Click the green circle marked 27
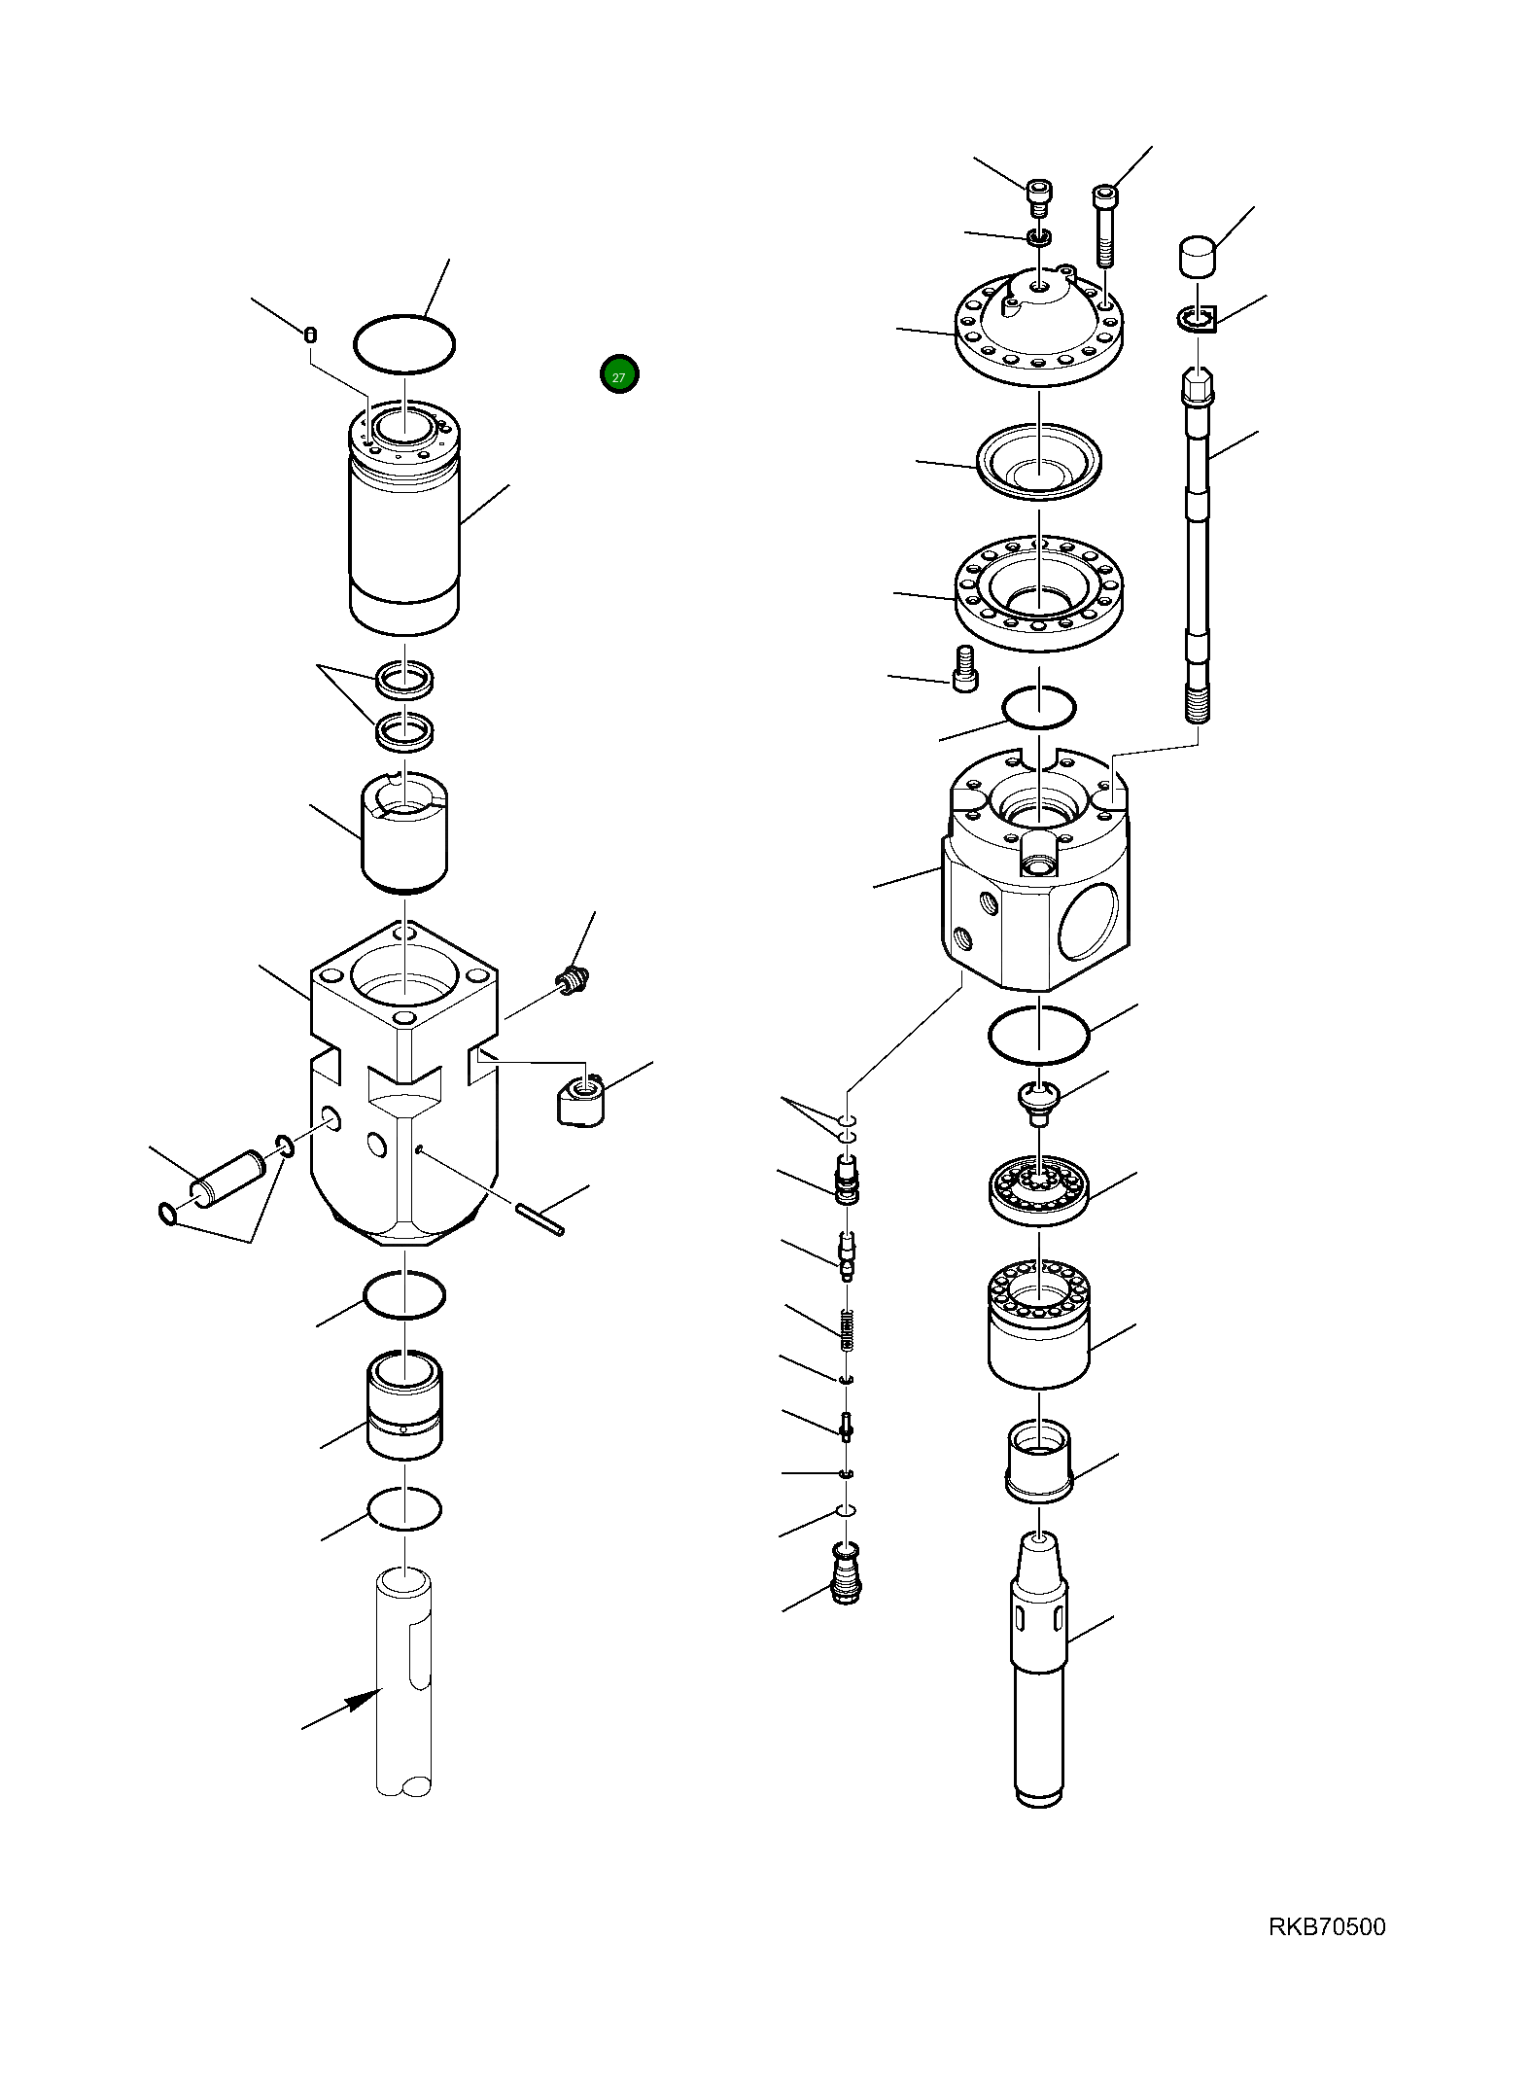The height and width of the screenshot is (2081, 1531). pyautogui.click(x=619, y=374)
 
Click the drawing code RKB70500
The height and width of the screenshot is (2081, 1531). pyautogui.click(x=1326, y=1926)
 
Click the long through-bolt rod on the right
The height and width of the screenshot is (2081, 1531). pyautogui.click(x=1198, y=545)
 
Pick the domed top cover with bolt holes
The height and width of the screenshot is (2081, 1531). pyautogui.click(x=1038, y=329)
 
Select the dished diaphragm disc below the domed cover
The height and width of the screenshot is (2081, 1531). pyautogui.click(x=1038, y=462)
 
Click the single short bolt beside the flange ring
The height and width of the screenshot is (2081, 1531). pyautogui.click(x=964, y=668)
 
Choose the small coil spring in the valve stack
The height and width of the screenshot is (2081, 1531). pyautogui.click(x=847, y=1328)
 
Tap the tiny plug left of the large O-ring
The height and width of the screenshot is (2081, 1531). pyautogui.click(x=310, y=335)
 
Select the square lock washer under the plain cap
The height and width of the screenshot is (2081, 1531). pyautogui.click(x=1199, y=318)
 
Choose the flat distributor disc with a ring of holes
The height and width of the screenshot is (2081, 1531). pyautogui.click(x=1039, y=1189)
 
